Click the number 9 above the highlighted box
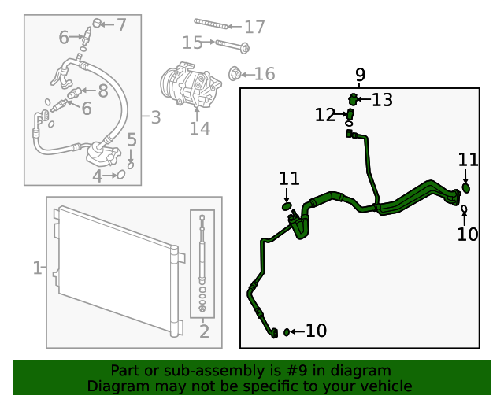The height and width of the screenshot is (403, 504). click(x=361, y=75)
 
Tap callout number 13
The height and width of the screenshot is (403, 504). click(x=382, y=100)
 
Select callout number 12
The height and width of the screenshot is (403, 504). click(x=325, y=115)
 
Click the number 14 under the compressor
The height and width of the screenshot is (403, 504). click(x=199, y=128)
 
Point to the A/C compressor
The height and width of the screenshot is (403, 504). click(x=191, y=84)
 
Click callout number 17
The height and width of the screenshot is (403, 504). click(x=254, y=27)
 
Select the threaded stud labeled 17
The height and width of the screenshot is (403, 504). click(x=211, y=24)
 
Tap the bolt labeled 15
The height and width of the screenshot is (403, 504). click(x=232, y=46)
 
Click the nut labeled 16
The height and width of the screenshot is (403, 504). click(x=235, y=74)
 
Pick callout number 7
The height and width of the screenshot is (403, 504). click(x=121, y=25)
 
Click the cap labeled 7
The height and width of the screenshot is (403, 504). click(x=97, y=23)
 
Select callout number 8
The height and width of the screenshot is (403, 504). click(x=103, y=91)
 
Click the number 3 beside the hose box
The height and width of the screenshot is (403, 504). click(x=156, y=117)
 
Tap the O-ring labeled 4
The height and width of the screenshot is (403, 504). click(x=121, y=175)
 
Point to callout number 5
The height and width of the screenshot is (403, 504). click(x=132, y=139)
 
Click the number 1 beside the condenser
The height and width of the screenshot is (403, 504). click(x=37, y=268)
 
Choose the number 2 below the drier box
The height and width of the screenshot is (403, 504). click(x=204, y=331)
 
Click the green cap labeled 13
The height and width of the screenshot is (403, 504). click(x=353, y=99)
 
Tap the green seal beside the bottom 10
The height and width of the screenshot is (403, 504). click(x=287, y=332)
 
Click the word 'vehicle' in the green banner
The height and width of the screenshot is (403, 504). click(x=391, y=386)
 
